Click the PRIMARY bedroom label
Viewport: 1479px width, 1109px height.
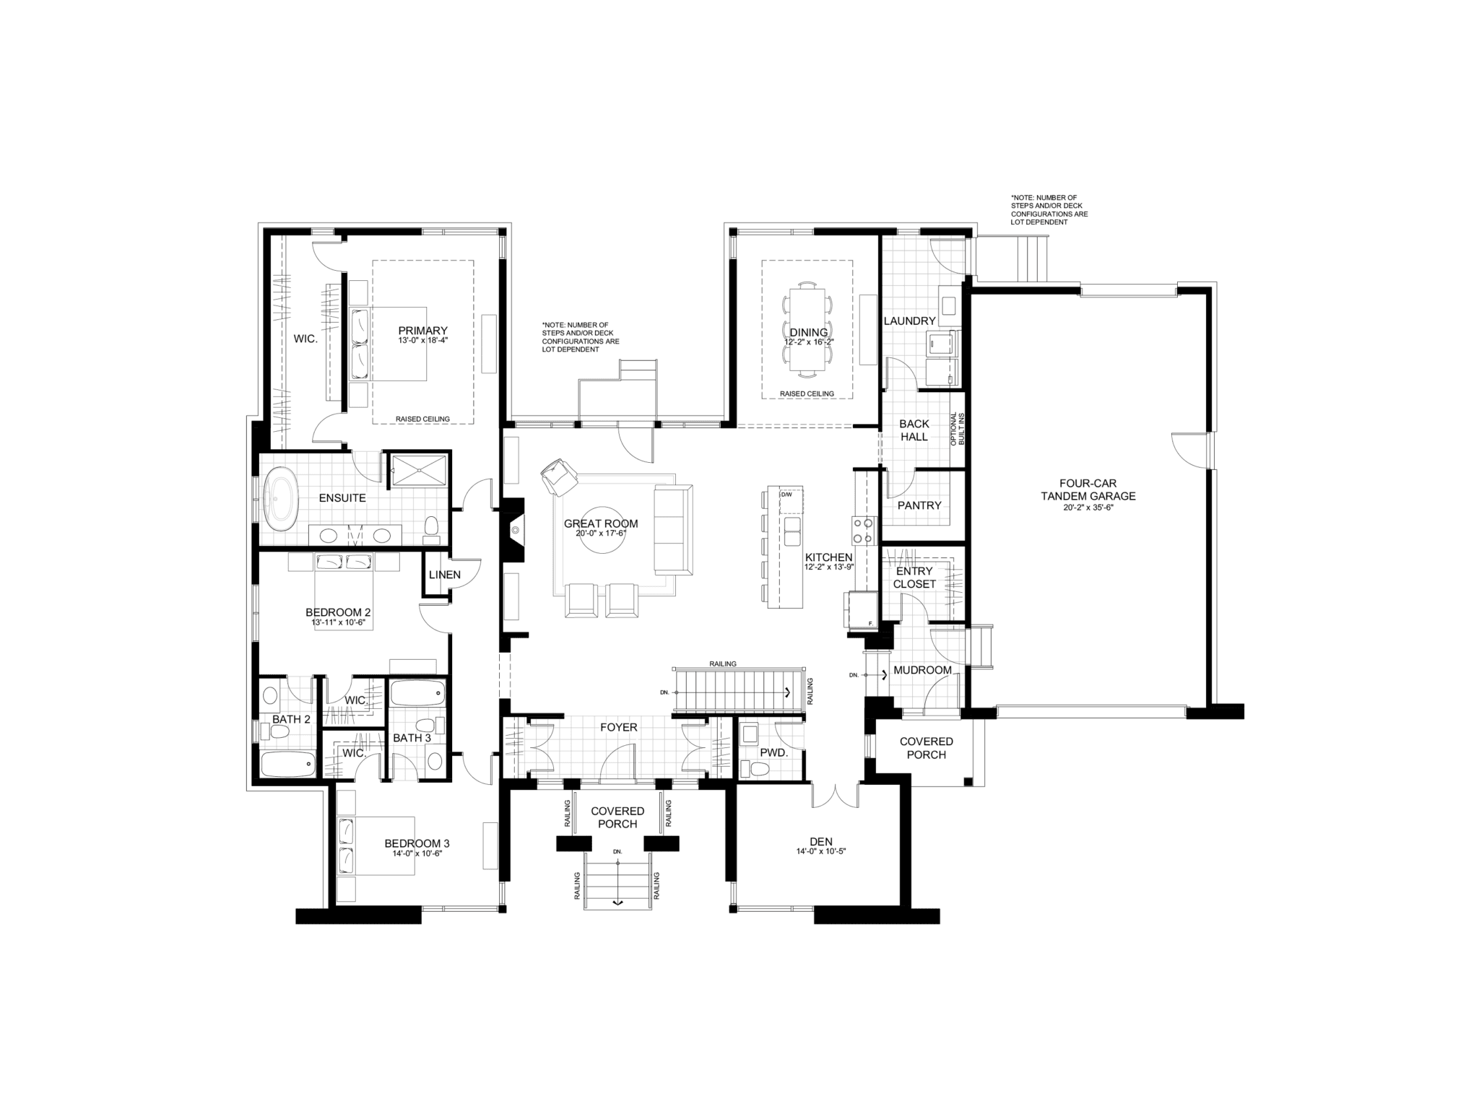tap(423, 331)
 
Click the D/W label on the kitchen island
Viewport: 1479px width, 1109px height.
tap(787, 495)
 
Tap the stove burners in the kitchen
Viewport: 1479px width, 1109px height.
tap(862, 530)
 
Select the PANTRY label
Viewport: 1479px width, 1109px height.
tap(919, 505)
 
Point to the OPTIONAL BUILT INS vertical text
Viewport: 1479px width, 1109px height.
tap(956, 429)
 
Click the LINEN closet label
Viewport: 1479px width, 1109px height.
tap(444, 575)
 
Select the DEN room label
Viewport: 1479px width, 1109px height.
tap(820, 841)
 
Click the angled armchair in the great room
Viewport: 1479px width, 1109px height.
tap(560, 477)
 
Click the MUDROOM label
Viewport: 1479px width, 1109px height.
tap(922, 670)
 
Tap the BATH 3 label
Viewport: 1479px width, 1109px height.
tap(412, 738)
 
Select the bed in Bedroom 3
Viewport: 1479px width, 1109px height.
tap(376, 845)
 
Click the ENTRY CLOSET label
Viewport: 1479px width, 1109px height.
tap(914, 578)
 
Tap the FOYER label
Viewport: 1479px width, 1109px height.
tap(619, 727)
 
